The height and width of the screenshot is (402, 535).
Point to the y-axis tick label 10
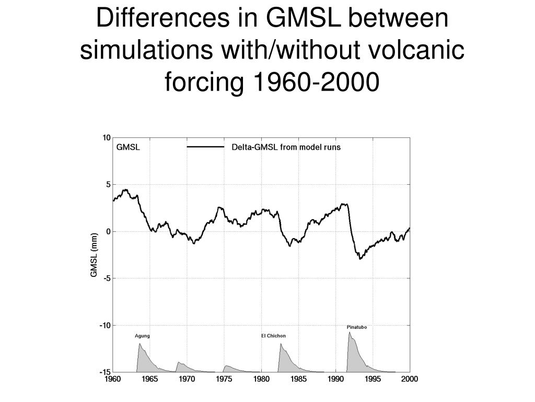point(107,138)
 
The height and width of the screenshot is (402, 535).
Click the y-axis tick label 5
point(108,184)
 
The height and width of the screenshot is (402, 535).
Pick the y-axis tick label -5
point(107,278)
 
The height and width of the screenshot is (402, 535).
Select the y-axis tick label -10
point(105,325)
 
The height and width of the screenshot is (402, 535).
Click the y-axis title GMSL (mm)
point(94,255)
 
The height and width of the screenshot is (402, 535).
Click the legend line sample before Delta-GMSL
point(205,147)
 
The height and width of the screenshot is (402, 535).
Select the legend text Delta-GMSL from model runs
point(286,147)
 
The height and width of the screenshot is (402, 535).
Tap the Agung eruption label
point(142,336)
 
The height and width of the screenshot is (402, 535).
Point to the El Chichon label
point(273,336)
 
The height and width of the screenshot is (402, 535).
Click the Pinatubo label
point(356,327)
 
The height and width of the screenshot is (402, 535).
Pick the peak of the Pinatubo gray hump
point(350,332)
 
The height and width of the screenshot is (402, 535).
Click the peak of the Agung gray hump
point(139,343)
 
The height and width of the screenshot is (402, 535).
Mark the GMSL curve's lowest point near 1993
point(360,259)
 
